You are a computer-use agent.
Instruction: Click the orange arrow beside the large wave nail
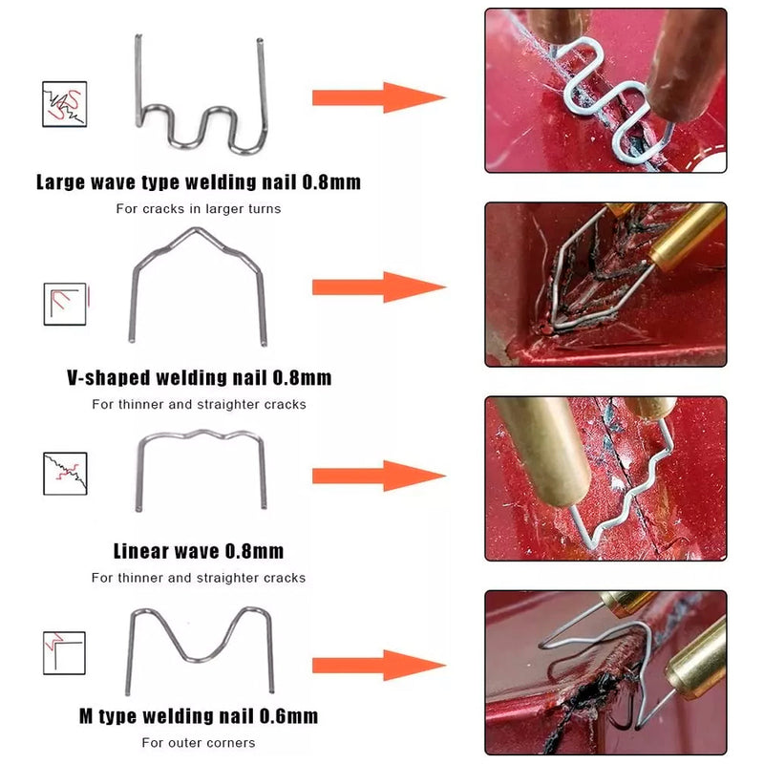coord(378,97)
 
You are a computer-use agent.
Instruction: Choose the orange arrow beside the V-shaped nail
coord(378,287)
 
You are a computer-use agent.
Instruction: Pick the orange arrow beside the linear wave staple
coord(378,476)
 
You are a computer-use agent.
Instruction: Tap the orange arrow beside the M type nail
coord(378,665)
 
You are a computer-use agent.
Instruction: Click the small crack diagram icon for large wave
coord(64,104)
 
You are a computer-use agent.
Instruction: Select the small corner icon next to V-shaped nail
coord(65,304)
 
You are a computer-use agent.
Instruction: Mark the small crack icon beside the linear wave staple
coord(65,474)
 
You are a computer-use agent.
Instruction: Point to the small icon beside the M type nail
coord(64,653)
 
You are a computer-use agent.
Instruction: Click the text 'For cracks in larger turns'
coord(199,208)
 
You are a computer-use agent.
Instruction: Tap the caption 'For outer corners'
coord(199,743)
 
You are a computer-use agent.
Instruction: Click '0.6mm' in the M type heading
coord(288,716)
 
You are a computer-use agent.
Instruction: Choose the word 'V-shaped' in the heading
coord(108,377)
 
